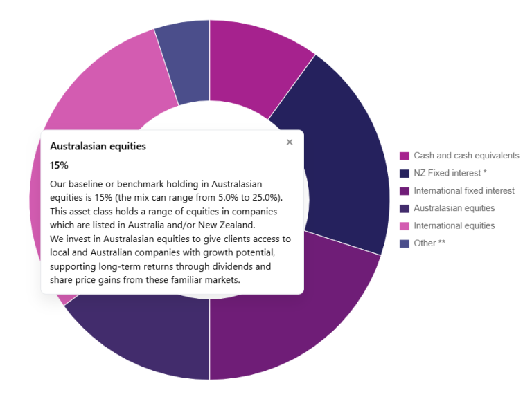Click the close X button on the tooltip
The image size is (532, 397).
pyautogui.click(x=290, y=142)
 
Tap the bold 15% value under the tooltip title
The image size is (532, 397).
pyautogui.click(x=59, y=165)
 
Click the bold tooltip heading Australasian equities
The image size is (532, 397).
pyautogui.click(x=98, y=147)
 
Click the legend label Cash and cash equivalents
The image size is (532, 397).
pyautogui.click(x=466, y=156)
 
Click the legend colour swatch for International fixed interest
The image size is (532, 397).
pyautogui.click(x=405, y=191)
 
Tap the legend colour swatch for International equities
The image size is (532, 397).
pyautogui.click(x=405, y=226)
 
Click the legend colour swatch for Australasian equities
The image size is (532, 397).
pyautogui.click(x=405, y=208)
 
